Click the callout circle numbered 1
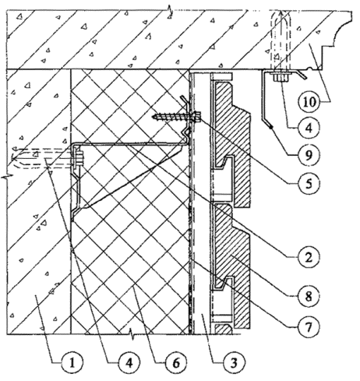(72, 362)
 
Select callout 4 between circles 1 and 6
(129, 362)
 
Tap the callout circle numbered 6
(176, 362)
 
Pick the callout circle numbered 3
(234, 362)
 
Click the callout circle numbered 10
(309, 102)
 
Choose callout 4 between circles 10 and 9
(309, 129)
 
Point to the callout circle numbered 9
(309, 155)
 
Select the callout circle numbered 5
(309, 183)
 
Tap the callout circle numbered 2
(309, 257)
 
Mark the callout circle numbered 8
(309, 296)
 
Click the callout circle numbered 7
(309, 326)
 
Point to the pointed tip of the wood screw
(154, 116)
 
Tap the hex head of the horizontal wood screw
(198, 115)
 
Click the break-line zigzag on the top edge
(169, 11)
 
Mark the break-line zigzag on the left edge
(6, 178)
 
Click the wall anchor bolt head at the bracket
(79, 158)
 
